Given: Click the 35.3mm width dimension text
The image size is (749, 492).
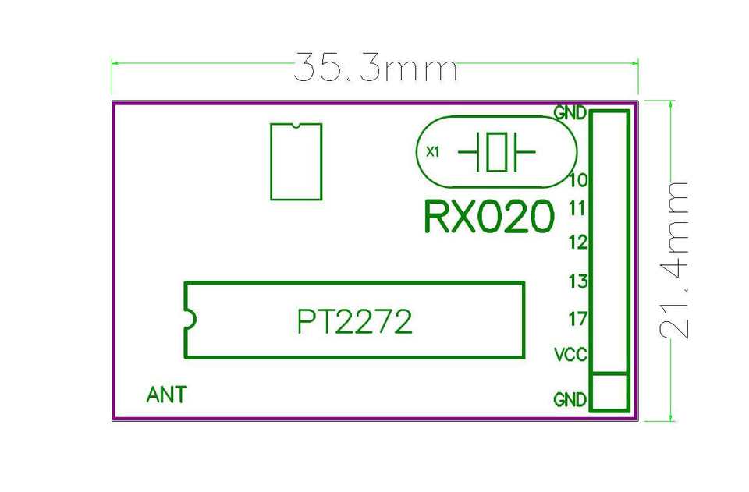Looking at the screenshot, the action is pos(374,69).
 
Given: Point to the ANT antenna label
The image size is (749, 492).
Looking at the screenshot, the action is pos(166,395).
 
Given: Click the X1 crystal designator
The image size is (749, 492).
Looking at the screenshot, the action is pos(433,152).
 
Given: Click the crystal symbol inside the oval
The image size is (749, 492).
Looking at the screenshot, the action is pos(496,151).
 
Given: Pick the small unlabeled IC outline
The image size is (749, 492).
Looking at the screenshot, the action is pos(296,161).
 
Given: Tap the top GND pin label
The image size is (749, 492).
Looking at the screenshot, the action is pos(570,112).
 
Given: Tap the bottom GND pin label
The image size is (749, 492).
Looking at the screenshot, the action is pos(570,400).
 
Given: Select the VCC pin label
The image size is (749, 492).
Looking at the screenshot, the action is pos(570,356).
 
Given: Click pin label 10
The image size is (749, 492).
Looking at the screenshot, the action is pos(578,181).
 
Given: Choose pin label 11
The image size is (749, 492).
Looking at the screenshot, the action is pos(578,208).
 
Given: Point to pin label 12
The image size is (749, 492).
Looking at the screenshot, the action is pos(578,242).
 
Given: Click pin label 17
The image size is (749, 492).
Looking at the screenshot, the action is pos(578,319).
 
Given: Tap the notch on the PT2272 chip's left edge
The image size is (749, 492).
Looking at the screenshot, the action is pos(188,319).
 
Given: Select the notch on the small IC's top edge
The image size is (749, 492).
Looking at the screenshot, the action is pos(296,125).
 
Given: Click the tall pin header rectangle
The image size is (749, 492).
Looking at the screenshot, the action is pos(609,241).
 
